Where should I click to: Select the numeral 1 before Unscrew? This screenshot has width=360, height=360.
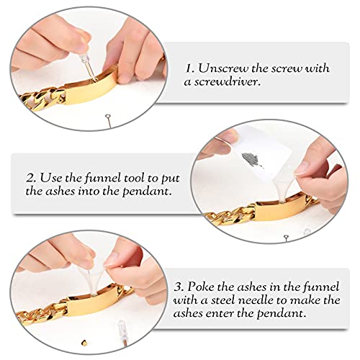coord(190,69)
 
